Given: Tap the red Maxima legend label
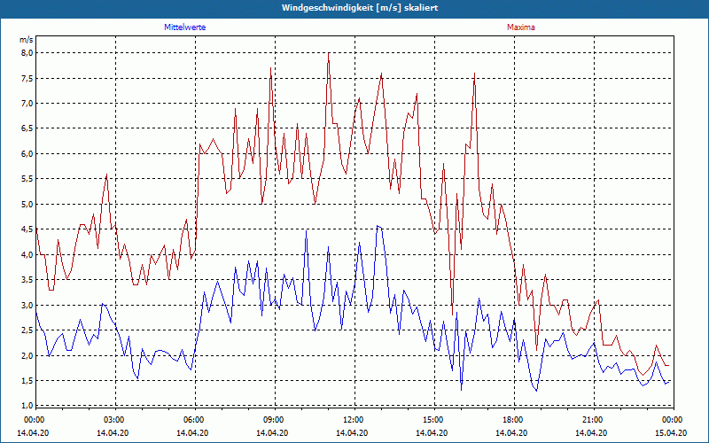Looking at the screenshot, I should [x=520, y=27].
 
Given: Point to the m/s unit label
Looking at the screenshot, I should [x=27, y=40].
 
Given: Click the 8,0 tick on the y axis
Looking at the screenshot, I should [x=27, y=52].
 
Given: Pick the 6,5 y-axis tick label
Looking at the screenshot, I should [x=27, y=128].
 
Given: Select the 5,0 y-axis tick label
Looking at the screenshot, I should [x=27, y=204].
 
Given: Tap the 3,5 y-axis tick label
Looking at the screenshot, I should [x=27, y=280].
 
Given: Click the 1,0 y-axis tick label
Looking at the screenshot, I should [x=27, y=406].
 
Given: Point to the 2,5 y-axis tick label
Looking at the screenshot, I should [x=27, y=330].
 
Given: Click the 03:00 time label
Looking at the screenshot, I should [x=114, y=419].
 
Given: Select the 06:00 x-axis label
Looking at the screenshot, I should [x=194, y=419].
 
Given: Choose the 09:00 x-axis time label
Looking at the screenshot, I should [x=274, y=419].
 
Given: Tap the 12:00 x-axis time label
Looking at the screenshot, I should [x=354, y=419].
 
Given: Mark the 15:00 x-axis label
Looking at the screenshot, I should [x=433, y=419].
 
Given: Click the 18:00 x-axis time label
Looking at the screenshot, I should [x=513, y=419].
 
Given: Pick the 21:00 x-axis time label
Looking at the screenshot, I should [x=593, y=419].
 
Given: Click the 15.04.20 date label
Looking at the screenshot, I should [x=671, y=433].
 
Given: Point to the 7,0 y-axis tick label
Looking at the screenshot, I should [x=27, y=103].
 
